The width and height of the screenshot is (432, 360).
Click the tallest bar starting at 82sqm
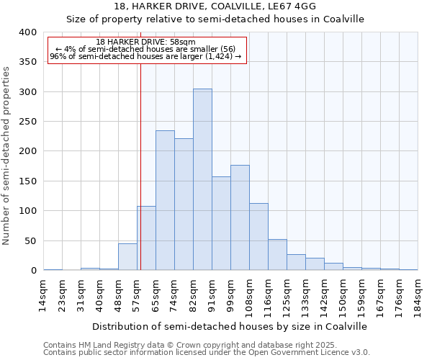coord(202,179)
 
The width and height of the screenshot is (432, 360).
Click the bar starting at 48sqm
coord(127,257)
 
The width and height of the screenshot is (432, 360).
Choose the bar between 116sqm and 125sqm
coord(277,255)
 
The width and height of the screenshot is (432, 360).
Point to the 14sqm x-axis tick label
coord(44,297)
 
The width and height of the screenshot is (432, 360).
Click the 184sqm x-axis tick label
coord(418,297)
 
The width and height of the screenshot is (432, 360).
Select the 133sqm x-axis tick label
coord(306,297)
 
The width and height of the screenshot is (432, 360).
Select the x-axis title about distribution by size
coord(230,326)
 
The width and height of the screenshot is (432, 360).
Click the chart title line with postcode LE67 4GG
coord(215,6)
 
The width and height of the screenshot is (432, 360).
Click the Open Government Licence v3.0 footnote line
coord(207,352)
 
